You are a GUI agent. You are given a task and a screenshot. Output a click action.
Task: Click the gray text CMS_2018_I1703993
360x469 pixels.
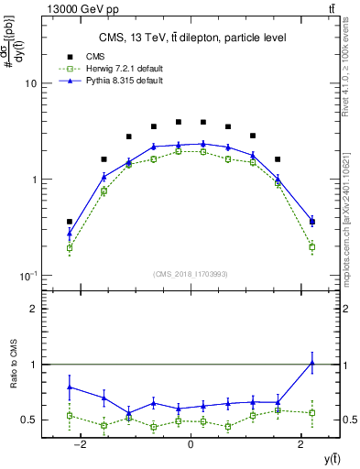click(x=191, y=274)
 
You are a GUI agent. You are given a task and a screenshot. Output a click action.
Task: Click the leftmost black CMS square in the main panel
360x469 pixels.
click(x=70, y=222)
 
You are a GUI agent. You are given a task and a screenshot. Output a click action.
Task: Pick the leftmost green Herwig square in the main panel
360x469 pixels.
click(x=70, y=247)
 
